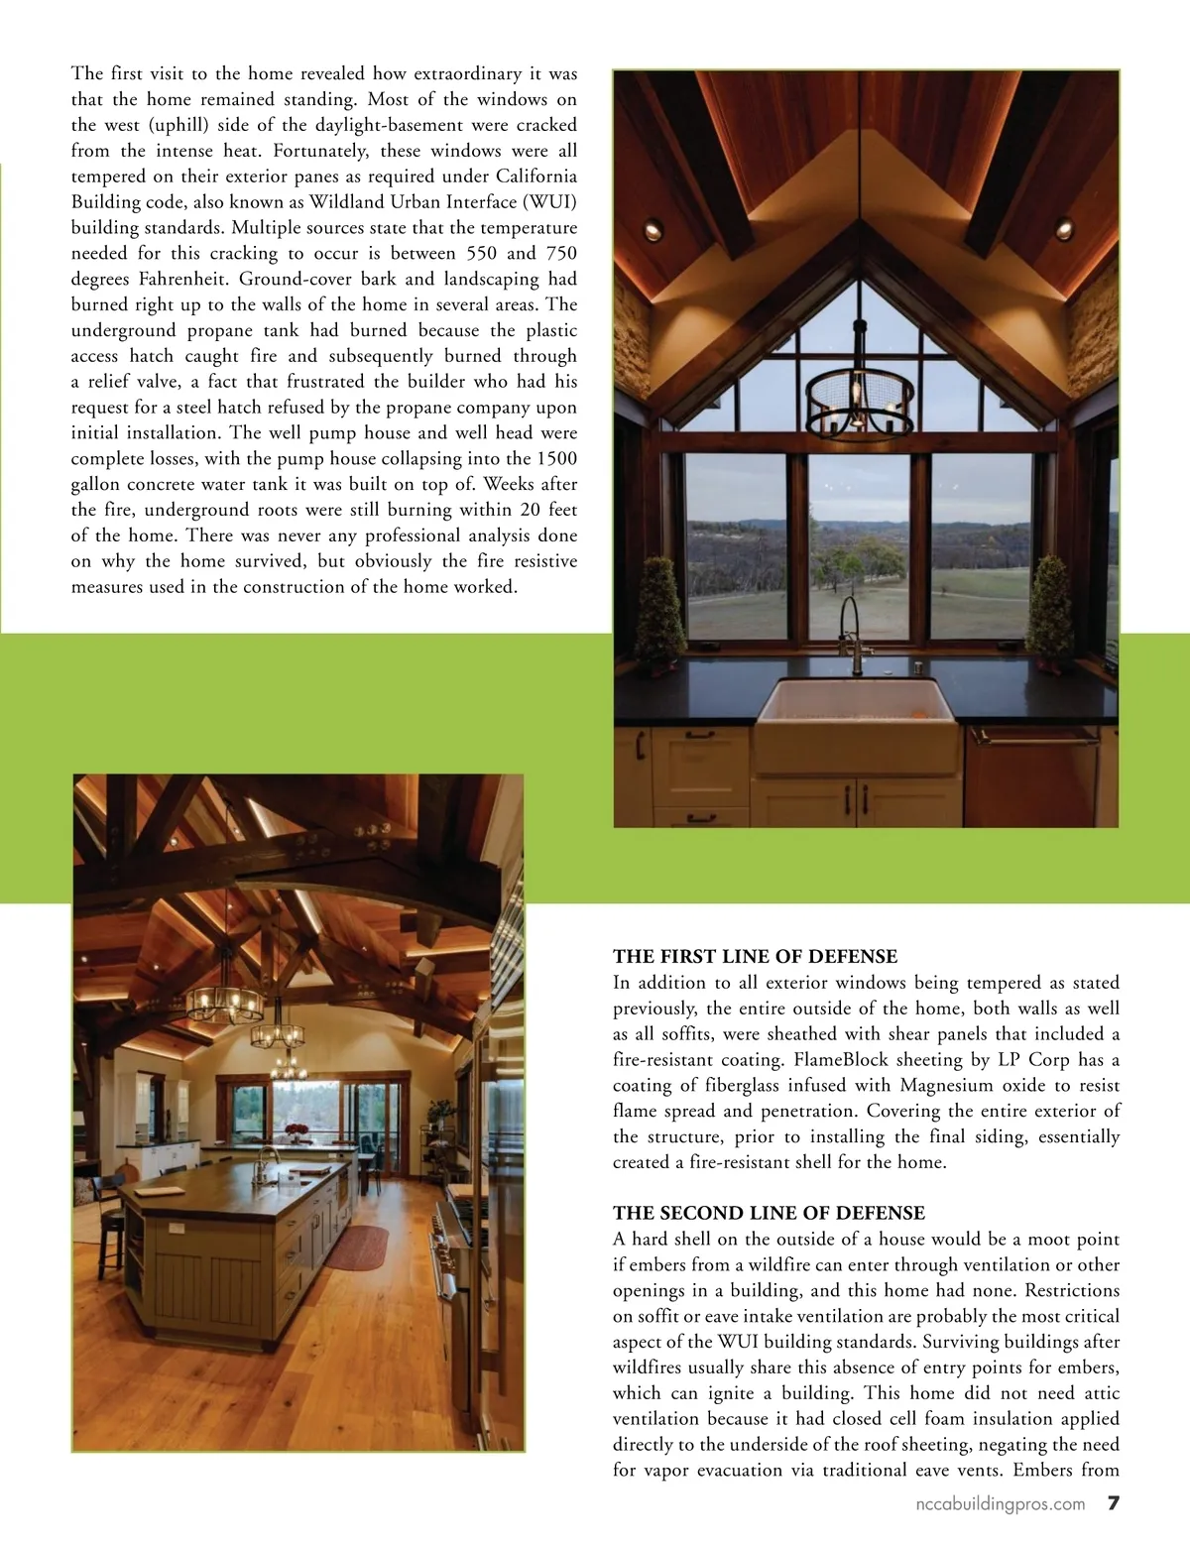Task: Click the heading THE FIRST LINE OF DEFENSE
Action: coord(755,957)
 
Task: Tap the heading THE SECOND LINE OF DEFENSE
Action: coord(769,1213)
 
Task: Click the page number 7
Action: coord(1113,1503)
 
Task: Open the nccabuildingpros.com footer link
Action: coord(1000,1504)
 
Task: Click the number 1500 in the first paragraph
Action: coord(556,459)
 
